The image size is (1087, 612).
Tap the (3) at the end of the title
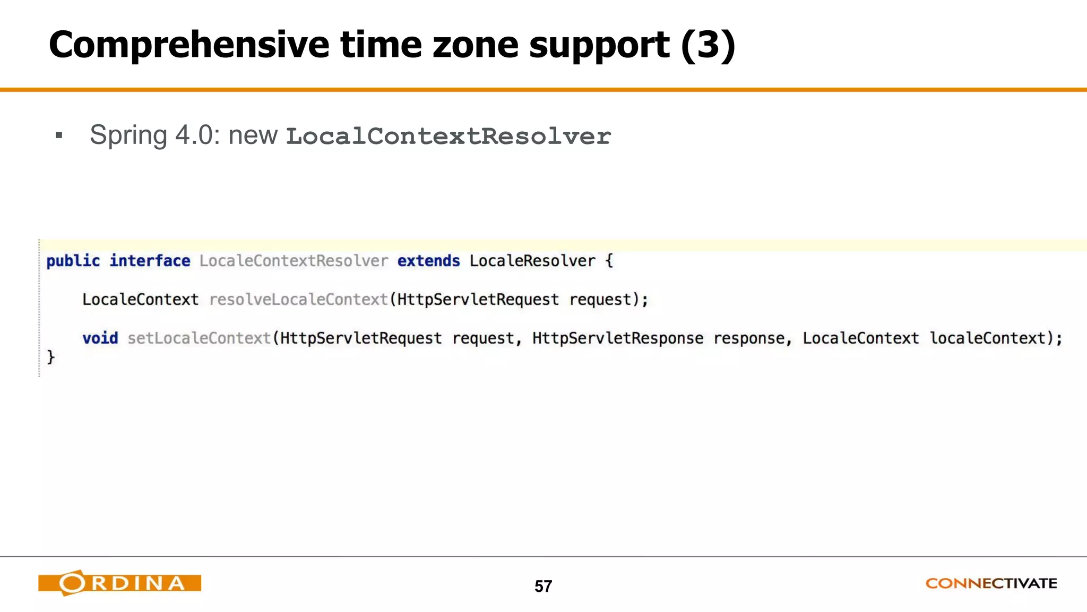click(x=708, y=45)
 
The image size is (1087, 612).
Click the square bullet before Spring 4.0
click(x=59, y=135)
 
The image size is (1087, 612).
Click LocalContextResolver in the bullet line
click(x=448, y=137)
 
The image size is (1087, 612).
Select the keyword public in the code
click(x=73, y=261)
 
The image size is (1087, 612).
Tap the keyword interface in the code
click(x=150, y=261)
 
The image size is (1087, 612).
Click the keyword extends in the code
click(x=428, y=261)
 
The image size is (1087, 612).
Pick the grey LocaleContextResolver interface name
click(x=294, y=261)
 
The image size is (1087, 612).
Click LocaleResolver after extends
click(x=532, y=261)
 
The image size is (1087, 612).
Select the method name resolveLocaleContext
click(x=299, y=300)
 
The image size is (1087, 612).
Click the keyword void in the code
click(x=100, y=338)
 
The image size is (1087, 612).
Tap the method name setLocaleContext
click(x=200, y=338)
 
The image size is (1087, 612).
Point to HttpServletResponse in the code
click(x=618, y=338)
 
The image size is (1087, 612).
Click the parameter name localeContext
click(x=987, y=338)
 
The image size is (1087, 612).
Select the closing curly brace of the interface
click(x=51, y=357)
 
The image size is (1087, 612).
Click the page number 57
click(x=543, y=586)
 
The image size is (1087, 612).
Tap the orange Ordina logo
click(x=120, y=583)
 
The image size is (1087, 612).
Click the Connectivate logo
click(x=991, y=583)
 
